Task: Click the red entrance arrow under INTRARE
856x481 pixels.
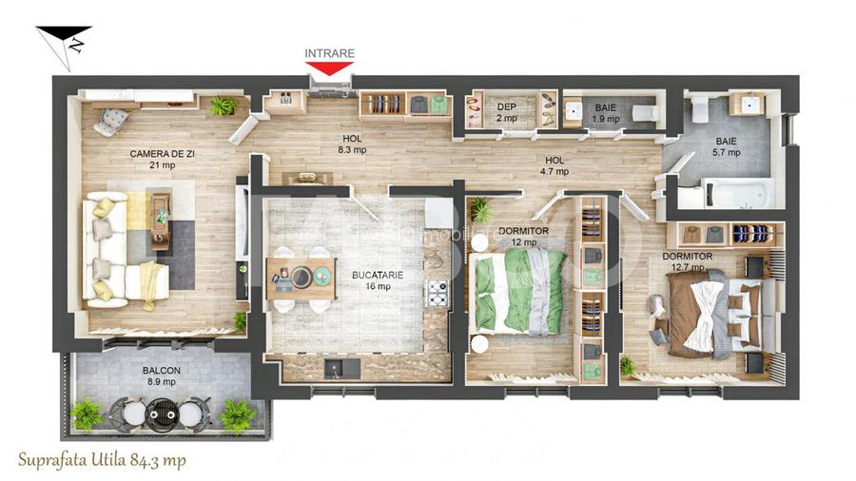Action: [x=330, y=68]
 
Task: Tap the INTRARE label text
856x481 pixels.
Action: [x=330, y=53]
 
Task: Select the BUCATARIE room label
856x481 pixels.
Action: [x=378, y=280]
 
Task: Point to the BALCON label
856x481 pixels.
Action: [x=164, y=375]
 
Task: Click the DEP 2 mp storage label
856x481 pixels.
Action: [x=506, y=112]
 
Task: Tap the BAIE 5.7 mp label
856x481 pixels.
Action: [x=726, y=146]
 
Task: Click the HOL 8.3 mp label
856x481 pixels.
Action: [x=353, y=144]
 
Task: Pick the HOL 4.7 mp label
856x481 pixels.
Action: [x=554, y=166]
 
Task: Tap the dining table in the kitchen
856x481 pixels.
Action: [x=301, y=278]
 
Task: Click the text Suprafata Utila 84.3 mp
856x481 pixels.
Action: [x=103, y=459]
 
